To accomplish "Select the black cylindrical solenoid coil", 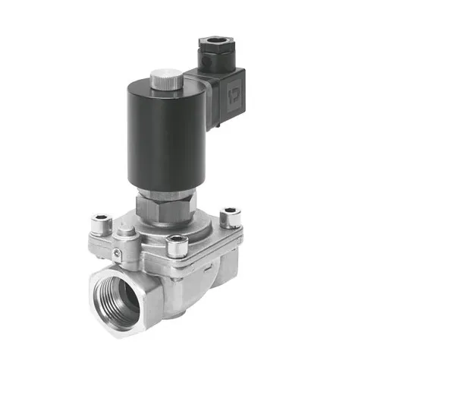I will [155, 137].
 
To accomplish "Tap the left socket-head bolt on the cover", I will [101, 223].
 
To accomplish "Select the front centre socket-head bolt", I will [177, 245].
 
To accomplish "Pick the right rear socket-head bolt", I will [230, 218].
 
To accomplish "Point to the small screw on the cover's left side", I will [117, 255].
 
